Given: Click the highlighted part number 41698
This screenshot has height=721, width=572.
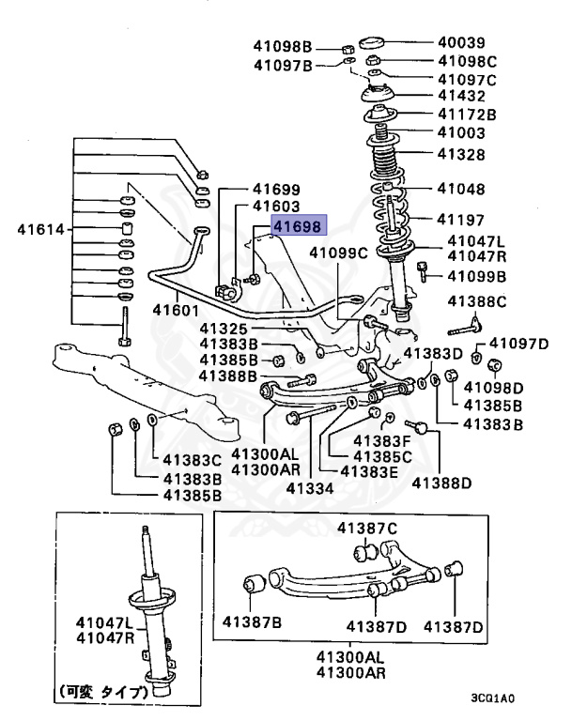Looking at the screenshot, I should pyautogui.click(x=297, y=225).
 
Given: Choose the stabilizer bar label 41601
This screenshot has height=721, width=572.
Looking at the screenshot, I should pyautogui.click(x=176, y=309).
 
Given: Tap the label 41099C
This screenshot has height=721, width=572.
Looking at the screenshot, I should pyautogui.click(x=340, y=252).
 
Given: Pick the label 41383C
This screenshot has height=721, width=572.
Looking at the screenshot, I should pyautogui.click(x=193, y=460).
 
